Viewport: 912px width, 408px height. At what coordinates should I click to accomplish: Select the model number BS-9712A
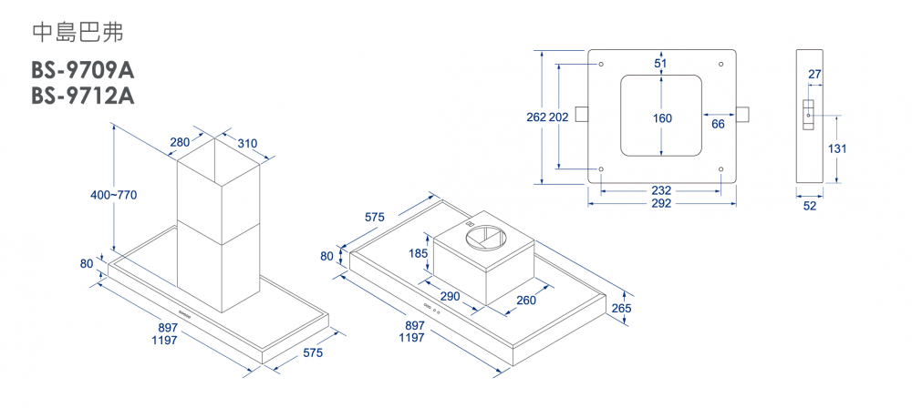pos(83,95)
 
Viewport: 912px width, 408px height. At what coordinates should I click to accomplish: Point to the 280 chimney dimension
pos(180,142)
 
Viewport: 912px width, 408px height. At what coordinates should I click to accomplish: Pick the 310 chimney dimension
pos(247,143)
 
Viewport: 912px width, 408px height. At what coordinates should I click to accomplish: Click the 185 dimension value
pos(419,252)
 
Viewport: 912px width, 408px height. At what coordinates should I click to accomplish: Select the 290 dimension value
pos(450,297)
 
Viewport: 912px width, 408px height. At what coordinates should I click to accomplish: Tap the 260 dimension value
pos(526,301)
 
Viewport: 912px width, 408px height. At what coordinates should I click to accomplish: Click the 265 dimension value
pos(621,308)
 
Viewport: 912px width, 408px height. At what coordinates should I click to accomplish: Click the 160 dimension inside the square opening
pos(662,118)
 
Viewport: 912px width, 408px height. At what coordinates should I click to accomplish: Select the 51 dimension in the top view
pos(661,63)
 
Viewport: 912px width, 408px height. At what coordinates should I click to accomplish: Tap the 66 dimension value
pos(718,124)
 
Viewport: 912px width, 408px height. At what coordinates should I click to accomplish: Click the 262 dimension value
pos(536,117)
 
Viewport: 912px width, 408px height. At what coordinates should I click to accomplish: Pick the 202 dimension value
pos(559,117)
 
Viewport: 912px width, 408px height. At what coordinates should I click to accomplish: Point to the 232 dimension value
pos(661,190)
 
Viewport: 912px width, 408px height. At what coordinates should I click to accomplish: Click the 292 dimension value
pos(661,203)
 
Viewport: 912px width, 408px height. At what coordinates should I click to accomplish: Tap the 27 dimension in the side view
pos(814,73)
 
